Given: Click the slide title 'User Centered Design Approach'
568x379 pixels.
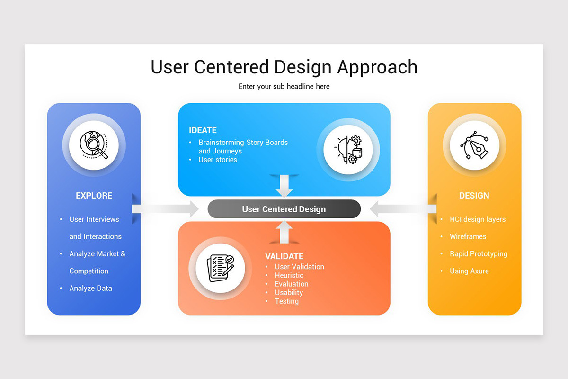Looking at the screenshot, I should point(284,67).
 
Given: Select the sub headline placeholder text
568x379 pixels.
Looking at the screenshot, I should point(284,86).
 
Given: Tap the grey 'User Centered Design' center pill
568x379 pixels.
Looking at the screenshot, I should point(284,209).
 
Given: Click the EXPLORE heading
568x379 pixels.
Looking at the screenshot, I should point(94,196).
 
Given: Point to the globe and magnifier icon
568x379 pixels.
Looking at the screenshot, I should point(94,144).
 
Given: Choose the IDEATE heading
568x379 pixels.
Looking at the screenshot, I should point(203,130).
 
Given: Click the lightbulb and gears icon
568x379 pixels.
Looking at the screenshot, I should point(348,150).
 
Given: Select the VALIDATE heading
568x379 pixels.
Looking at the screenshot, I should point(284,256).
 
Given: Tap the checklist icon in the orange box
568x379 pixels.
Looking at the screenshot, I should point(220,268).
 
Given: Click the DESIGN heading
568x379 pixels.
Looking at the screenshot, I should point(474,196).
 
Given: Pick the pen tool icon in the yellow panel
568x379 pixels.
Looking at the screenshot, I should point(474,144).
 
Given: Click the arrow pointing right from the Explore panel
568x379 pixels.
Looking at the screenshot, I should point(166,209).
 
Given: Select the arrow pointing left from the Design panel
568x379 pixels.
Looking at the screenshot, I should point(402,209).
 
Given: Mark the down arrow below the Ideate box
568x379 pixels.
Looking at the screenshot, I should point(284,186).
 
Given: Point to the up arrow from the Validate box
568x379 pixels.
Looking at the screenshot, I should point(284,232).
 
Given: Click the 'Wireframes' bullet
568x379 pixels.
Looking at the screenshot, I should point(468,236).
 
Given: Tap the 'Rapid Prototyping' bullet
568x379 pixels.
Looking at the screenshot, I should point(478,254).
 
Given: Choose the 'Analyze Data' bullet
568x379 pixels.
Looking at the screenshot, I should point(90,288).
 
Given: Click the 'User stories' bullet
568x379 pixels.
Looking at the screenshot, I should point(218,160).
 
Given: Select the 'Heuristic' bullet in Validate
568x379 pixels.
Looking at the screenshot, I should point(289,275).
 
